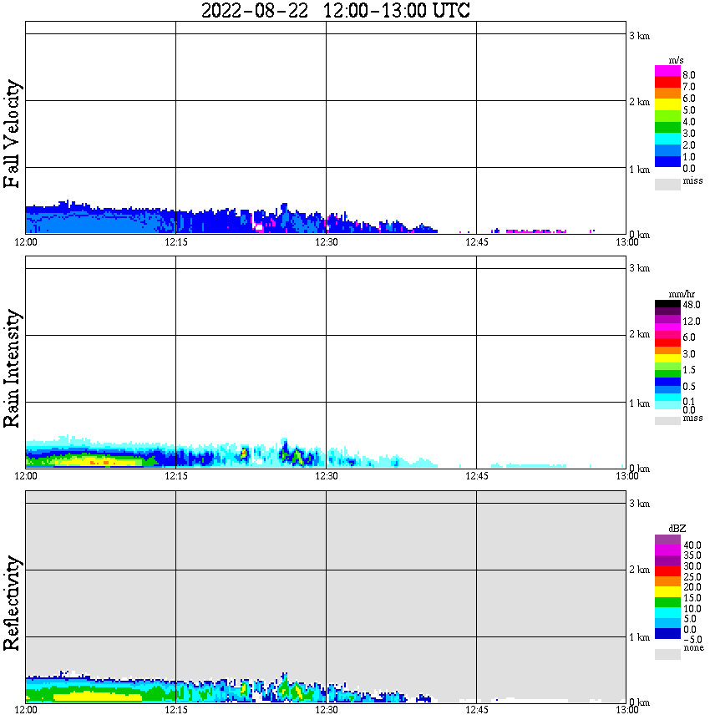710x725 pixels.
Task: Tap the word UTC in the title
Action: pos(450,11)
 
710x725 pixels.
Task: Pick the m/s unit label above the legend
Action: pos(676,60)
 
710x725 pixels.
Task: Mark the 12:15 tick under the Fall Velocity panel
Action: pos(175,241)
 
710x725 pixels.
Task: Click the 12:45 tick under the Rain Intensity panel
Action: pos(476,475)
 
